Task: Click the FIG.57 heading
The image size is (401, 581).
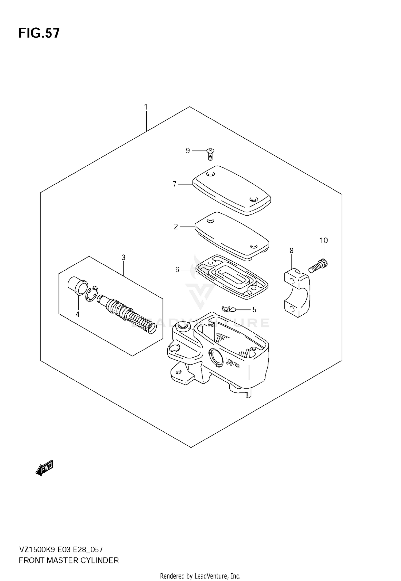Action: point(39,33)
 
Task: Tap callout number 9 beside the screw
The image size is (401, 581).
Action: point(188,151)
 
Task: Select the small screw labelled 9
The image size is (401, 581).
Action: point(210,154)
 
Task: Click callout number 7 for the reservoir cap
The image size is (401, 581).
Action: point(175,184)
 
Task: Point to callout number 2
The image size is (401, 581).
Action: point(176,227)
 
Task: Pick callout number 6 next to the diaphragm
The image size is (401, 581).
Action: point(177,270)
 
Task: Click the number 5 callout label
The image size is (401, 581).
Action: point(254,310)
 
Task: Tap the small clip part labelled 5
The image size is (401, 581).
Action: point(228,309)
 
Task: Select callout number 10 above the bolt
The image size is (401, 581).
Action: point(323,240)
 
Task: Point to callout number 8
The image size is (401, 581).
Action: point(291,251)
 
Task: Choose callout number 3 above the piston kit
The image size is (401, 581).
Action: point(123,257)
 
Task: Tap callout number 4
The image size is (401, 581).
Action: point(78,314)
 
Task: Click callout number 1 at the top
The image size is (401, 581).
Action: point(146,107)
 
